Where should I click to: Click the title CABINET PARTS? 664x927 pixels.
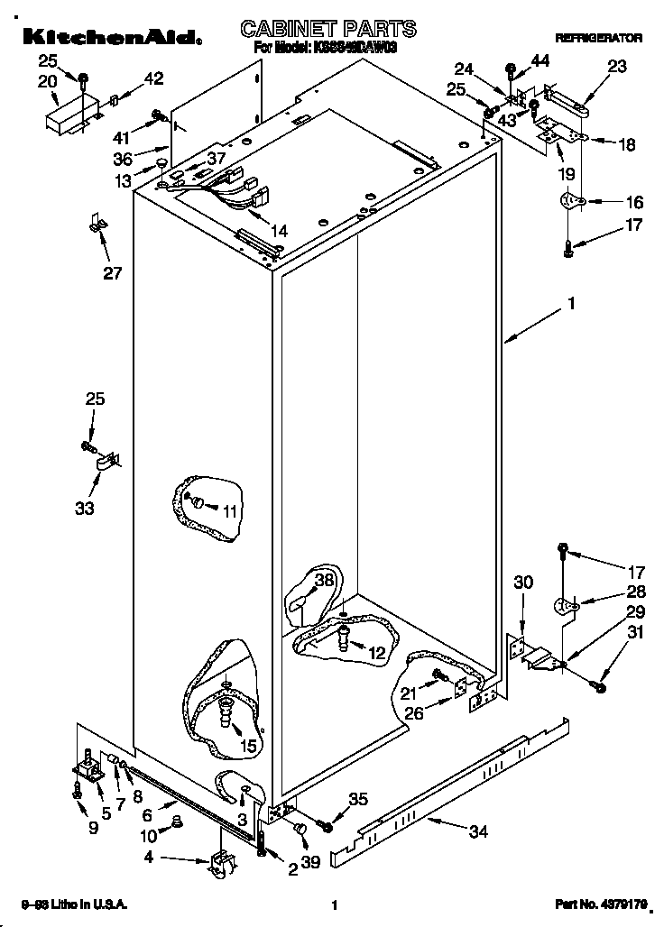click(x=328, y=29)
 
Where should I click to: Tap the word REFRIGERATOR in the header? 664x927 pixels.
click(x=598, y=39)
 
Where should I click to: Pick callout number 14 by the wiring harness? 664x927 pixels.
click(x=279, y=232)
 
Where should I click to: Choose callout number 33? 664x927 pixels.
click(x=84, y=509)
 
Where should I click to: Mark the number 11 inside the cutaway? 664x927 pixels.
click(x=230, y=511)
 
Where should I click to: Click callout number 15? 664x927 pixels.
click(x=248, y=745)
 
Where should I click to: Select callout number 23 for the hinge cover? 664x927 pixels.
click(x=617, y=66)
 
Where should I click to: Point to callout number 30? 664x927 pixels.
click(x=523, y=583)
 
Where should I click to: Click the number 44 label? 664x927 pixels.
click(x=539, y=60)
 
